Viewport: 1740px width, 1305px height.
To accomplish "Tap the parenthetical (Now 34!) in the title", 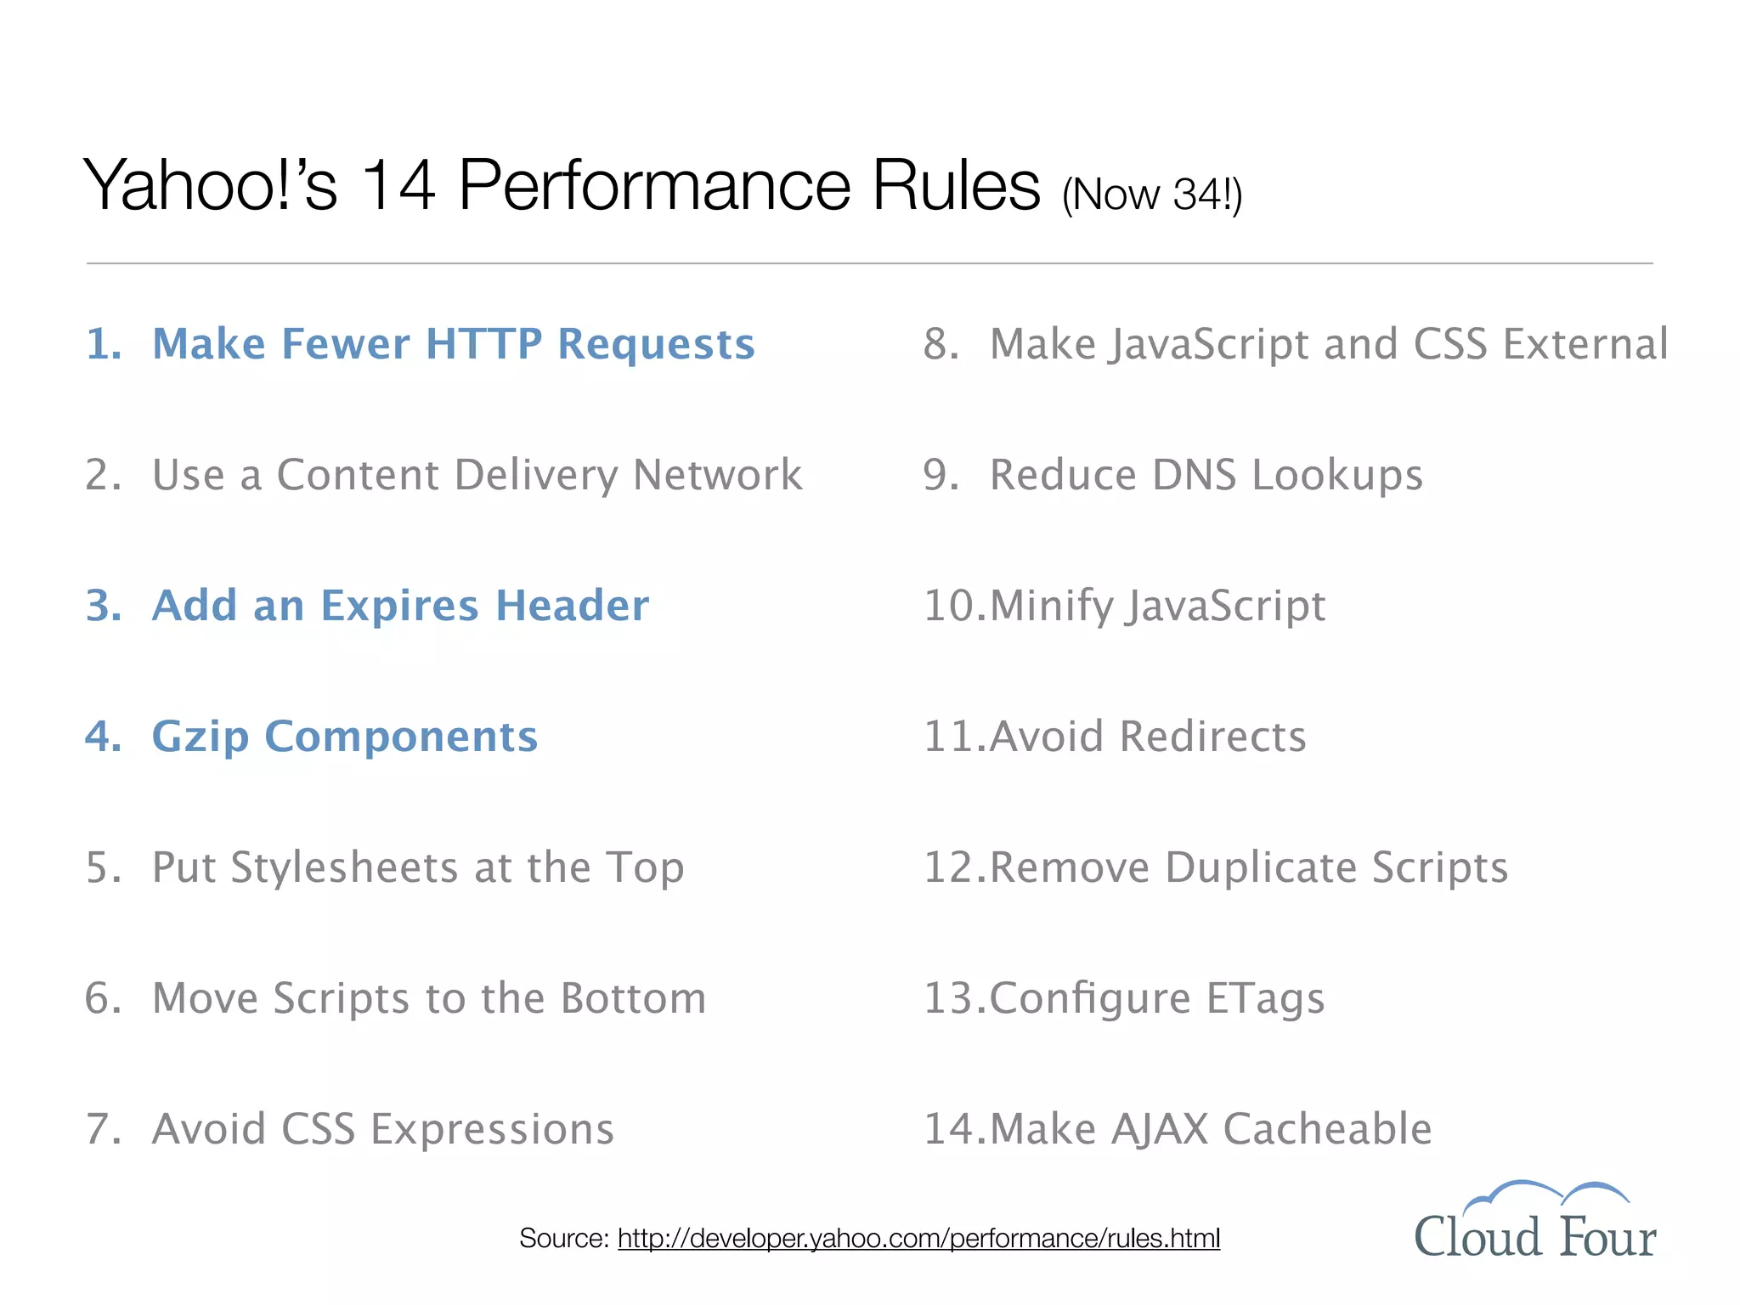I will click(1151, 195).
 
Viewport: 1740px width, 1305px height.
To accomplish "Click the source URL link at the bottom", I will click(918, 1239).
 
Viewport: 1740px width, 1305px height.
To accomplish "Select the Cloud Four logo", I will click(1534, 1223).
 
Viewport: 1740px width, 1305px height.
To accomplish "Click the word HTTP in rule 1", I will click(483, 344).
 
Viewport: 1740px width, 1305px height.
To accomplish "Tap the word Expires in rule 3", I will click(399, 606).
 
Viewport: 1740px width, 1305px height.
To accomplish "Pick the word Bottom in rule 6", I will click(633, 998).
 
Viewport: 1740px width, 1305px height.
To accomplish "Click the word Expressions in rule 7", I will click(492, 1130).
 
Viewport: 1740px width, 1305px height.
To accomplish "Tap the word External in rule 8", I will click(1585, 344).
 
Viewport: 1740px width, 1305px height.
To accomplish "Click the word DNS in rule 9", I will click(1194, 475).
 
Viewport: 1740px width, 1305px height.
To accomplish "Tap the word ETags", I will click(1265, 998).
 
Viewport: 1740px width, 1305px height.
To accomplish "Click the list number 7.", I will click(101, 1129).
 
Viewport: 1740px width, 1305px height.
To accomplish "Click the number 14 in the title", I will click(398, 185).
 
